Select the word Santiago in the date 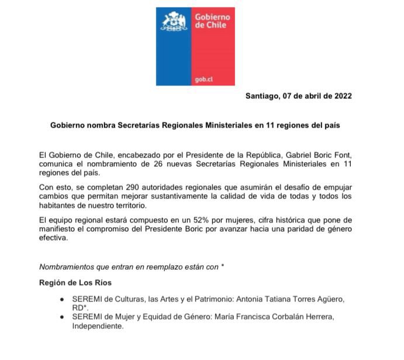point(264,97)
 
